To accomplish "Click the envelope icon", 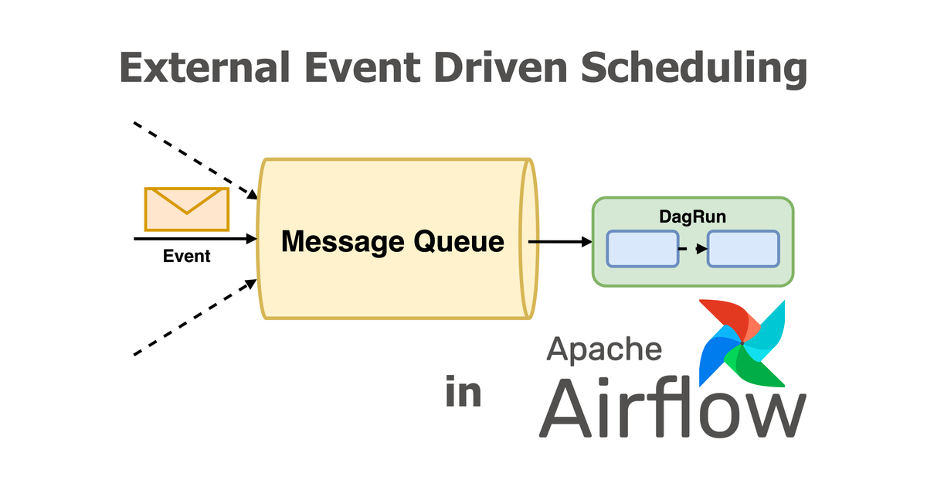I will (x=187, y=209).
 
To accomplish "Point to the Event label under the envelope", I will (x=187, y=256).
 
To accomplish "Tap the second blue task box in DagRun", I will (x=743, y=249).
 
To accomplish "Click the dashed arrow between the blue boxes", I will (x=693, y=249).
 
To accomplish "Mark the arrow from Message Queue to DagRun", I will (x=559, y=242).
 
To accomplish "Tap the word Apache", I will (x=604, y=349).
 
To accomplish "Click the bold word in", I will (x=463, y=393).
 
